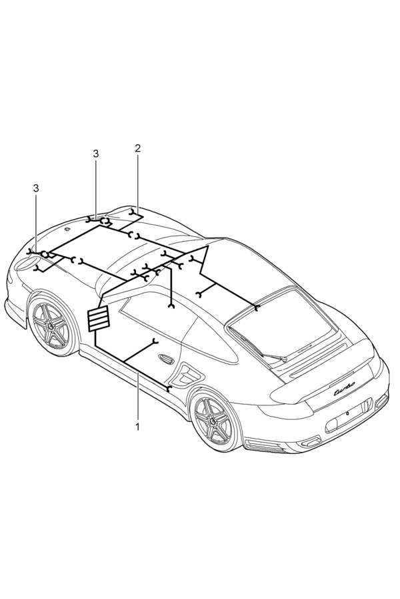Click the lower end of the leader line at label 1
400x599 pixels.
138,419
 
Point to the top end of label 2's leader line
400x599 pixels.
138,154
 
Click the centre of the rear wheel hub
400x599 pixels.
212,420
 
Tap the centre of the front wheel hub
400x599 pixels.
50,325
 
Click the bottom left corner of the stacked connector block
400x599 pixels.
89,330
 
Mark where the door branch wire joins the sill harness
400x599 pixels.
125,361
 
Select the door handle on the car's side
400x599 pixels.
166,359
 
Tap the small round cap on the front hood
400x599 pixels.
67,229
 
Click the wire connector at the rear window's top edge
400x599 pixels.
257,307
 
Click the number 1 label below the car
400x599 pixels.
137,427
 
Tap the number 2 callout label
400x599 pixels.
138,148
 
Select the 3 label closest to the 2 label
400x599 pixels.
96,154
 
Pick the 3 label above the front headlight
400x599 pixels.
37,188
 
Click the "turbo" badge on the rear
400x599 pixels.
344,391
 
